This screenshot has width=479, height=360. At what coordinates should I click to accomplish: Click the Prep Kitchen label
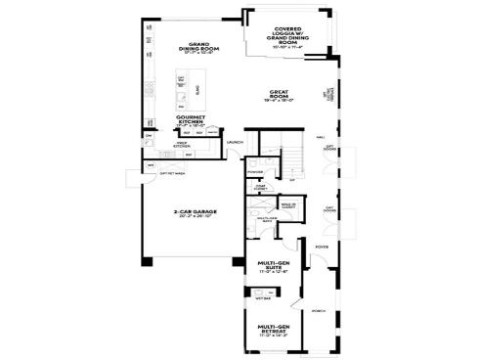point(181,144)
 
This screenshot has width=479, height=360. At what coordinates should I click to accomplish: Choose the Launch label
point(235,144)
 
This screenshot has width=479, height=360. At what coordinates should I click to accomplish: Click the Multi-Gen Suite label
point(273,264)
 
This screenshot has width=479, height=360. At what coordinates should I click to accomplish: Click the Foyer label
point(320,247)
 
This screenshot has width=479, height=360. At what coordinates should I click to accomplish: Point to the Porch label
point(319,311)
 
